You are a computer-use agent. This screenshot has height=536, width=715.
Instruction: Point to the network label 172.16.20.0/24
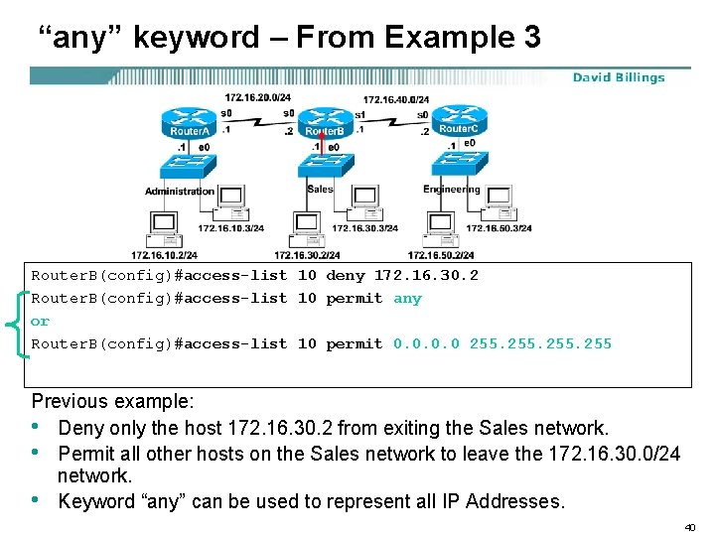(257, 98)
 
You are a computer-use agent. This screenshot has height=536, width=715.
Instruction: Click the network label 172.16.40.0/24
(395, 99)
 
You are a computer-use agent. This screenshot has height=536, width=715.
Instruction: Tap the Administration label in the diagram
(180, 191)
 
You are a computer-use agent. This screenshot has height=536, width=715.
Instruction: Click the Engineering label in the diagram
(452, 189)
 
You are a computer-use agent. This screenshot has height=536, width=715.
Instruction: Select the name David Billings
(618, 77)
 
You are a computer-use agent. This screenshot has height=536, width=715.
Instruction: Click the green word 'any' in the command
(407, 299)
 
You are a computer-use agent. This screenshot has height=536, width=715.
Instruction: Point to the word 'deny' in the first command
(346, 276)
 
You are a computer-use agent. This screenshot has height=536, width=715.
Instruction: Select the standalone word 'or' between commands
(40, 322)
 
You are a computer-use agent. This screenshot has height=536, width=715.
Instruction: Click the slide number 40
(691, 526)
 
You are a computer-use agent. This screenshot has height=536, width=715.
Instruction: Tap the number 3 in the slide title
(530, 38)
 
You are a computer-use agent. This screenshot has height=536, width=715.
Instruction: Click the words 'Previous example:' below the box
(112, 402)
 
